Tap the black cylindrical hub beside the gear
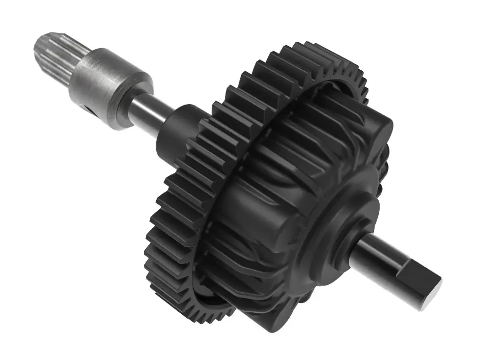click(177, 130)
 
